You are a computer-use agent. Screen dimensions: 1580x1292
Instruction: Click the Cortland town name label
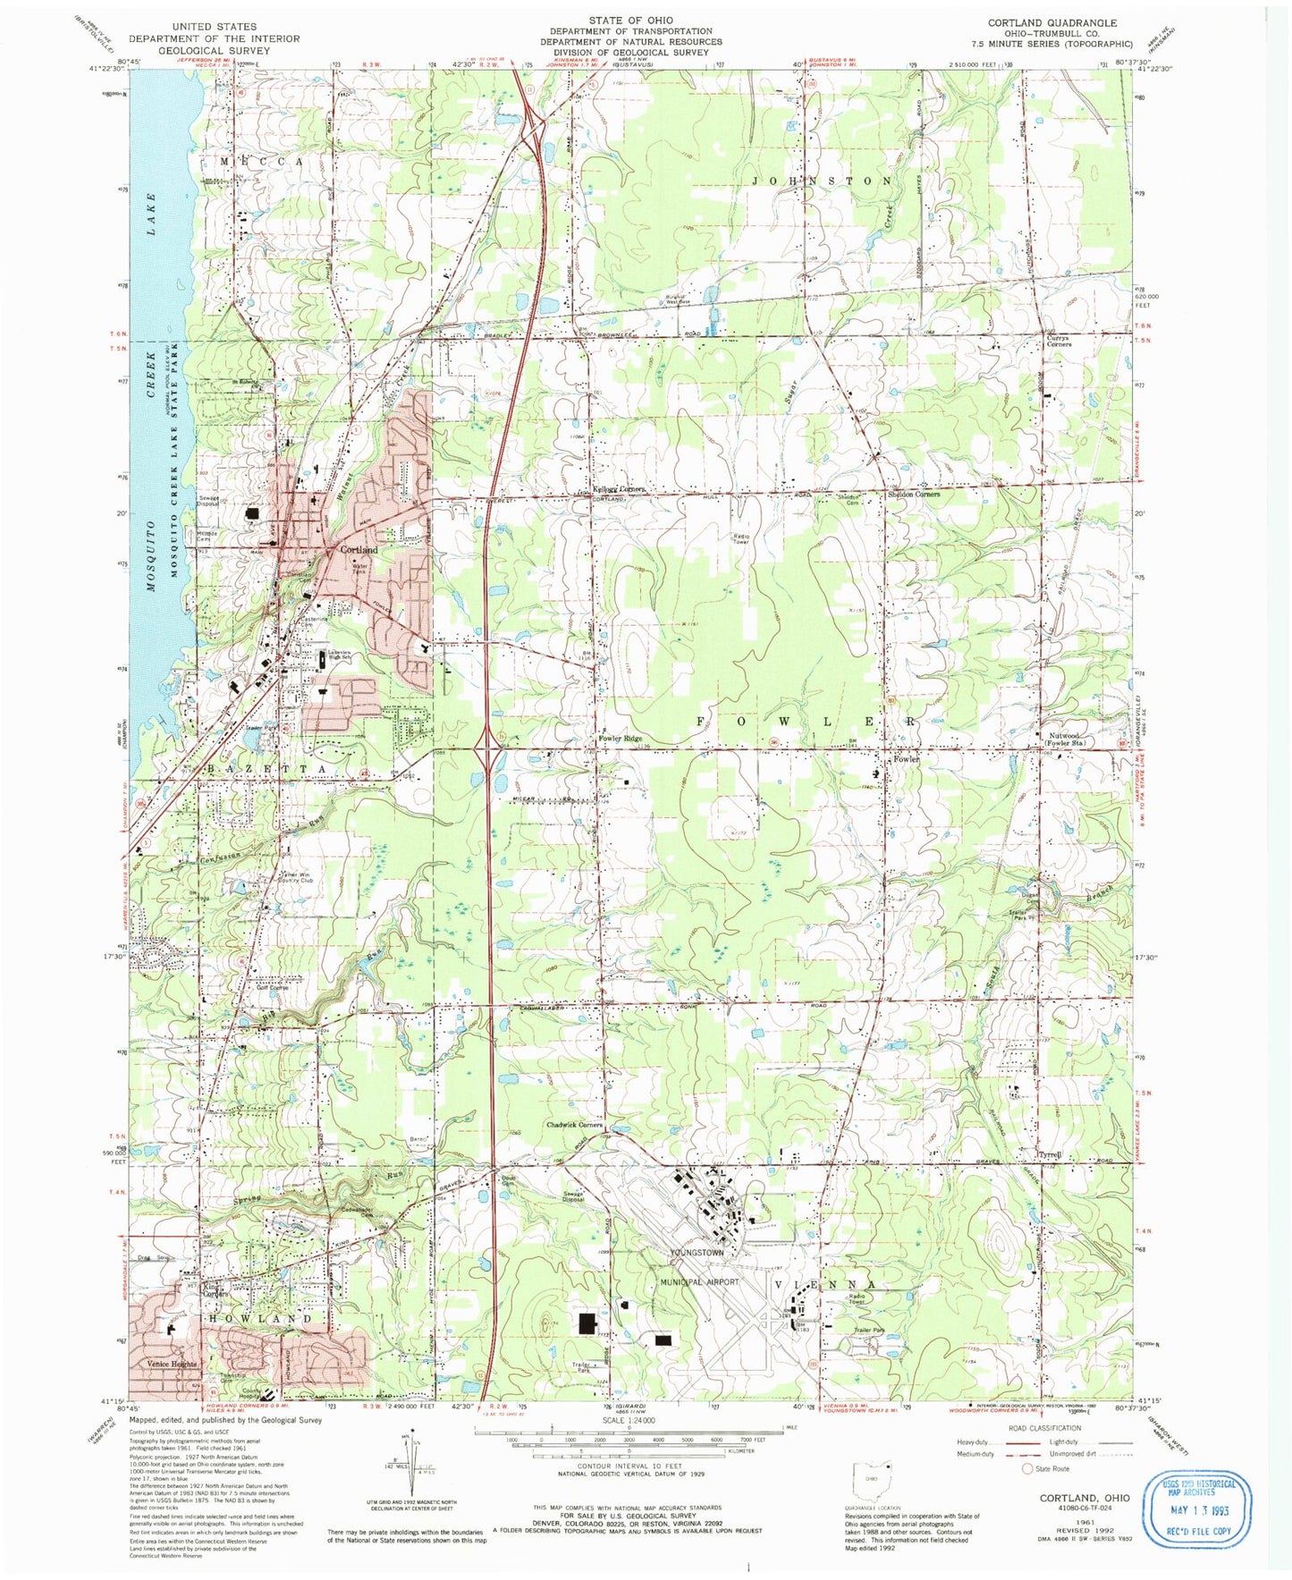click(x=359, y=550)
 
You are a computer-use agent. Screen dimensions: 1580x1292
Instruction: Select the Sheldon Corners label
click(x=913, y=494)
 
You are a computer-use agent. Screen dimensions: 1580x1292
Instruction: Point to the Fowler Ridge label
click(x=620, y=739)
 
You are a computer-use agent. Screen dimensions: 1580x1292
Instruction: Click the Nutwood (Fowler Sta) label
click(x=1067, y=739)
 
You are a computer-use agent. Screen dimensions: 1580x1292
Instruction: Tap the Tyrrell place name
click(x=1050, y=1155)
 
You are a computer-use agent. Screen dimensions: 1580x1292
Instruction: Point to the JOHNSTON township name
click(x=821, y=181)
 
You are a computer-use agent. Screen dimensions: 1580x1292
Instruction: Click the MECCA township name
click(x=262, y=161)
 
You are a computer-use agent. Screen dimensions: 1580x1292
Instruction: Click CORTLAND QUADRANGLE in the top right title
click(x=1051, y=23)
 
